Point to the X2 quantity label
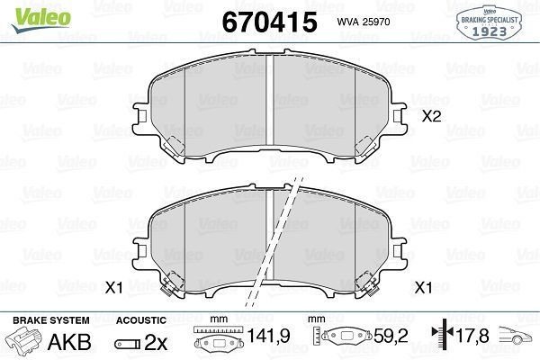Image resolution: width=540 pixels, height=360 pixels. click(431, 115)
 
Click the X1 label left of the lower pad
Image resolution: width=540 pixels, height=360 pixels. click(113, 287)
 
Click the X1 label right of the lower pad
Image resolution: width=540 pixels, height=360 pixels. click(423, 287)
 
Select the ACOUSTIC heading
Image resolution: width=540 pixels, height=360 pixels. click(142, 320)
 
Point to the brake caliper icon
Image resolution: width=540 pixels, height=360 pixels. click(26, 344)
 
